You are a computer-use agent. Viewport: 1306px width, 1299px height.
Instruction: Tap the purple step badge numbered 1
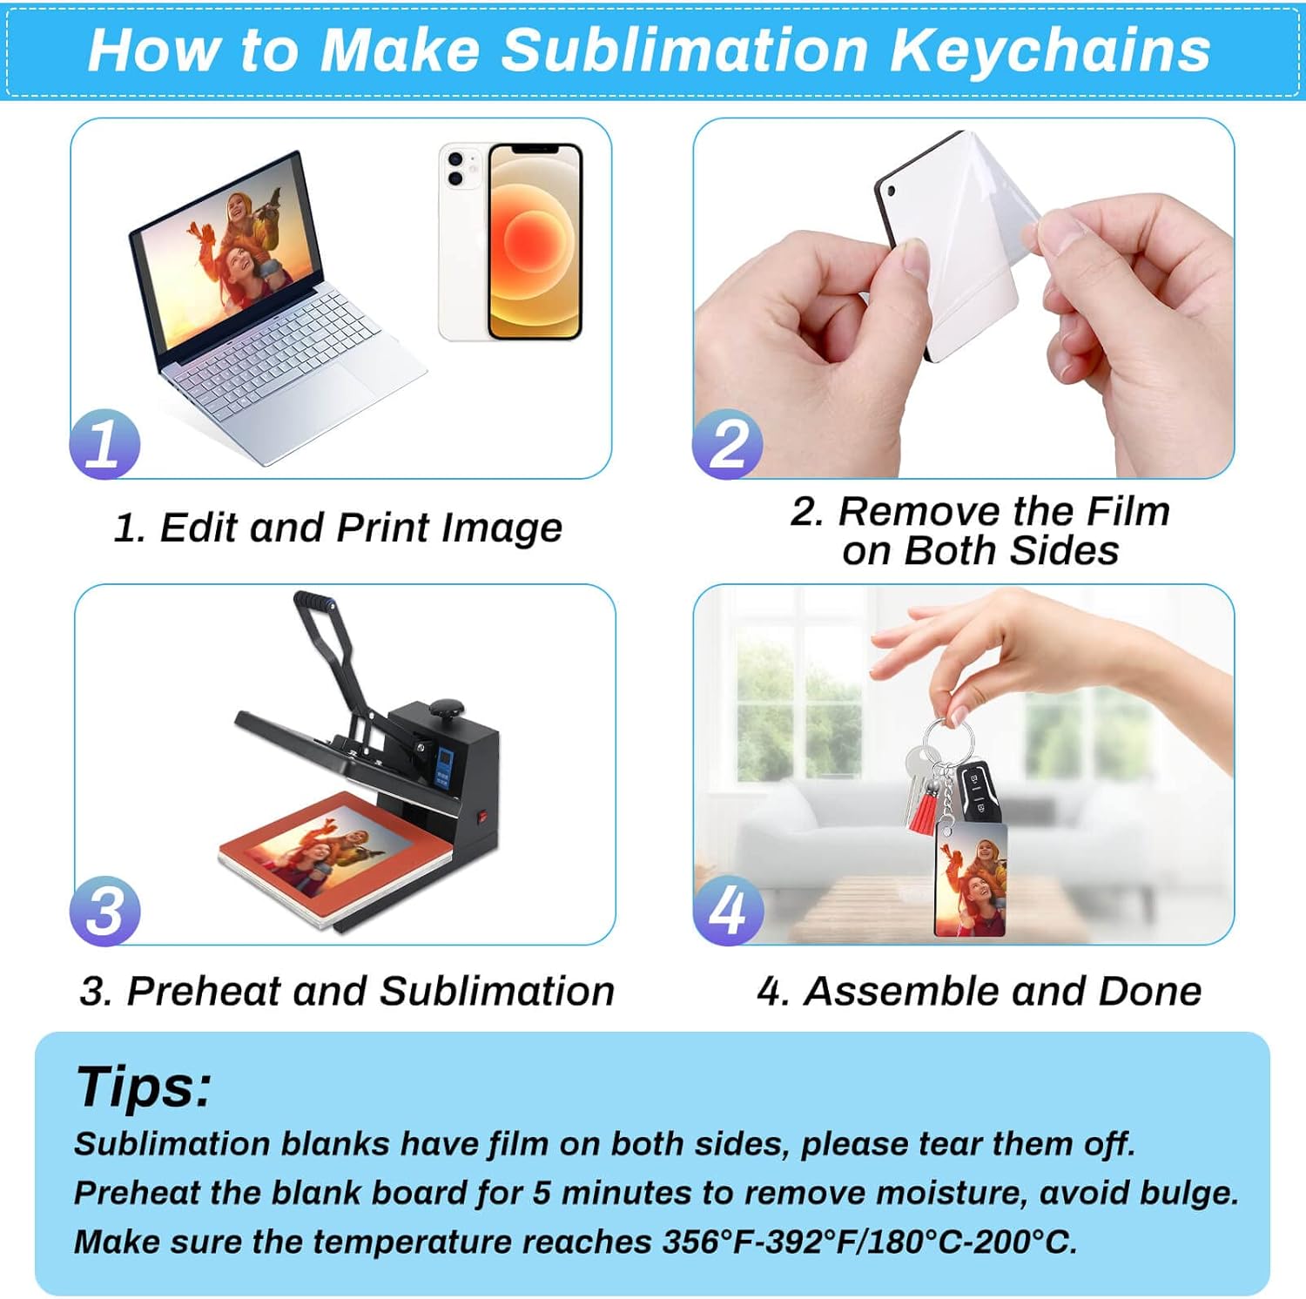[104, 443]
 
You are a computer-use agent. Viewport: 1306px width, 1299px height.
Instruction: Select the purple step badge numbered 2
[727, 443]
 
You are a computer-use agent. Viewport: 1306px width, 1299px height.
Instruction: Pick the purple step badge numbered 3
[104, 911]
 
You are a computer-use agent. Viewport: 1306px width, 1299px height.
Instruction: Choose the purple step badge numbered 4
[728, 911]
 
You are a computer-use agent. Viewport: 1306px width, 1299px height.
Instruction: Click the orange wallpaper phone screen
[535, 241]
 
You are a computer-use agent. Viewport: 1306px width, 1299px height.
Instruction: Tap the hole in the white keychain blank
[890, 189]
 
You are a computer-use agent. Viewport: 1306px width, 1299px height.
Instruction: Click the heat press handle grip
[314, 602]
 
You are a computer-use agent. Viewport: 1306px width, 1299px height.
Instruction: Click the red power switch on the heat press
[479, 818]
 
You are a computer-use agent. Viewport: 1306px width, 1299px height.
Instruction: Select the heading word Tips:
[144, 1086]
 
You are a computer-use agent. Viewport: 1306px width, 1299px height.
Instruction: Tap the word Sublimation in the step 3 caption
[496, 991]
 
